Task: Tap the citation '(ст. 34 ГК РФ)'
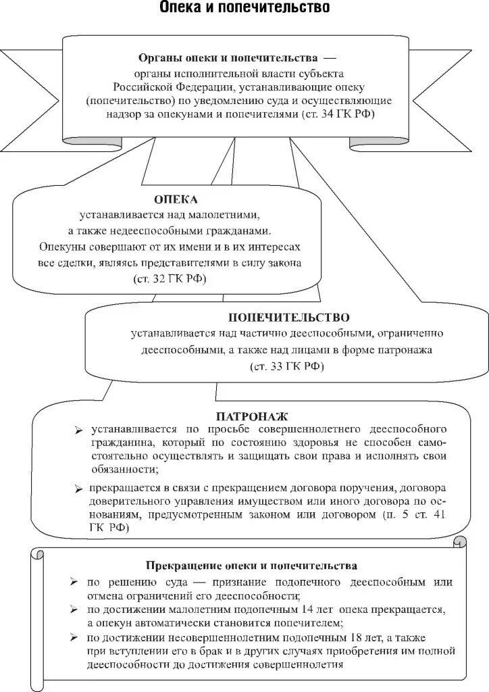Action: pyautogui.click(x=338, y=115)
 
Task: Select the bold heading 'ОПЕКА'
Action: pyautogui.click(x=176, y=200)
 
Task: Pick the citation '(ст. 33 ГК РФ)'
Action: pyautogui.click(x=286, y=366)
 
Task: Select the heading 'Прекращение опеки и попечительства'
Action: pyautogui.click(x=251, y=565)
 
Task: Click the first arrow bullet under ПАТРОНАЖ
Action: pyautogui.click(x=79, y=430)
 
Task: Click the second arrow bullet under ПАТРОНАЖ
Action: pyautogui.click(x=79, y=488)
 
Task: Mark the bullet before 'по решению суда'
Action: pyautogui.click(x=73, y=582)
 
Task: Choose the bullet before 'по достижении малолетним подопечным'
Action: pyautogui.click(x=73, y=610)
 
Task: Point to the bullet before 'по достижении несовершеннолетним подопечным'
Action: pyautogui.click(x=73, y=637)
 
